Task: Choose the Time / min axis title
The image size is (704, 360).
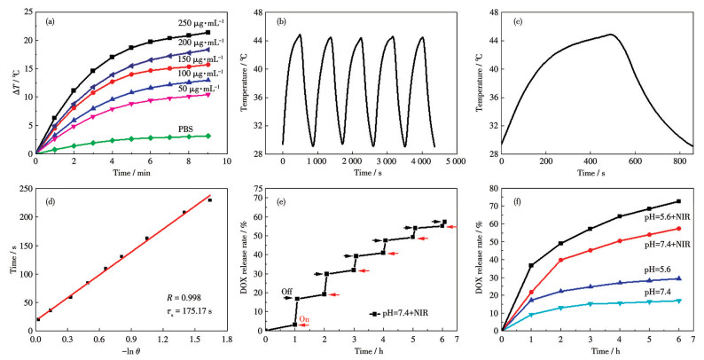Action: point(122,174)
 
